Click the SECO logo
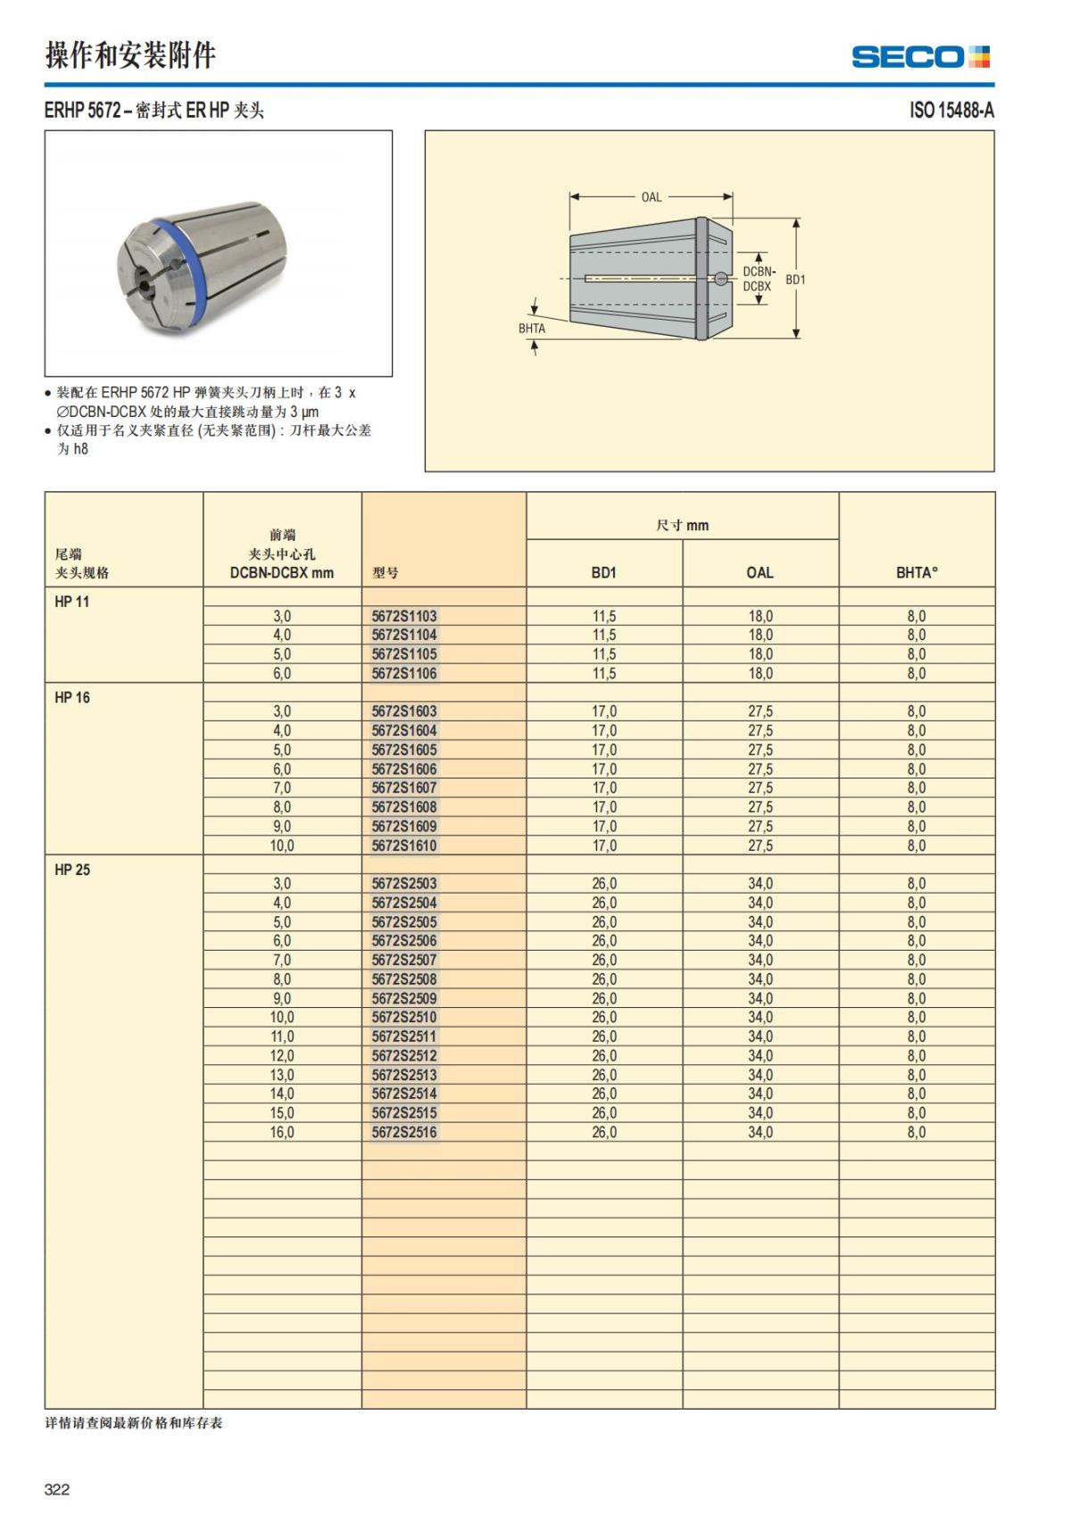coord(920,57)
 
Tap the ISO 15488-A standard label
coord(951,111)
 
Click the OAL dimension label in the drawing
coord(652,197)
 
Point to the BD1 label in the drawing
coord(795,279)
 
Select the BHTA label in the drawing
coord(532,329)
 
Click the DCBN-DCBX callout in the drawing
coord(758,279)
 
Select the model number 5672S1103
coord(404,616)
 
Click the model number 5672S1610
coord(404,845)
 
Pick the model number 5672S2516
coord(404,1132)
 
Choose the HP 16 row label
coord(72,697)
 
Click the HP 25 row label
coord(72,870)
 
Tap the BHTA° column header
coord(917,572)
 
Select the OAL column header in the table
coord(760,572)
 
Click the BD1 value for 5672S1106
coord(604,673)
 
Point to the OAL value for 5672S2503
coord(760,884)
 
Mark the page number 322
coord(57,1489)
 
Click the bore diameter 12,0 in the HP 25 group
coord(282,1055)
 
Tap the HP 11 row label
coord(72,602)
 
